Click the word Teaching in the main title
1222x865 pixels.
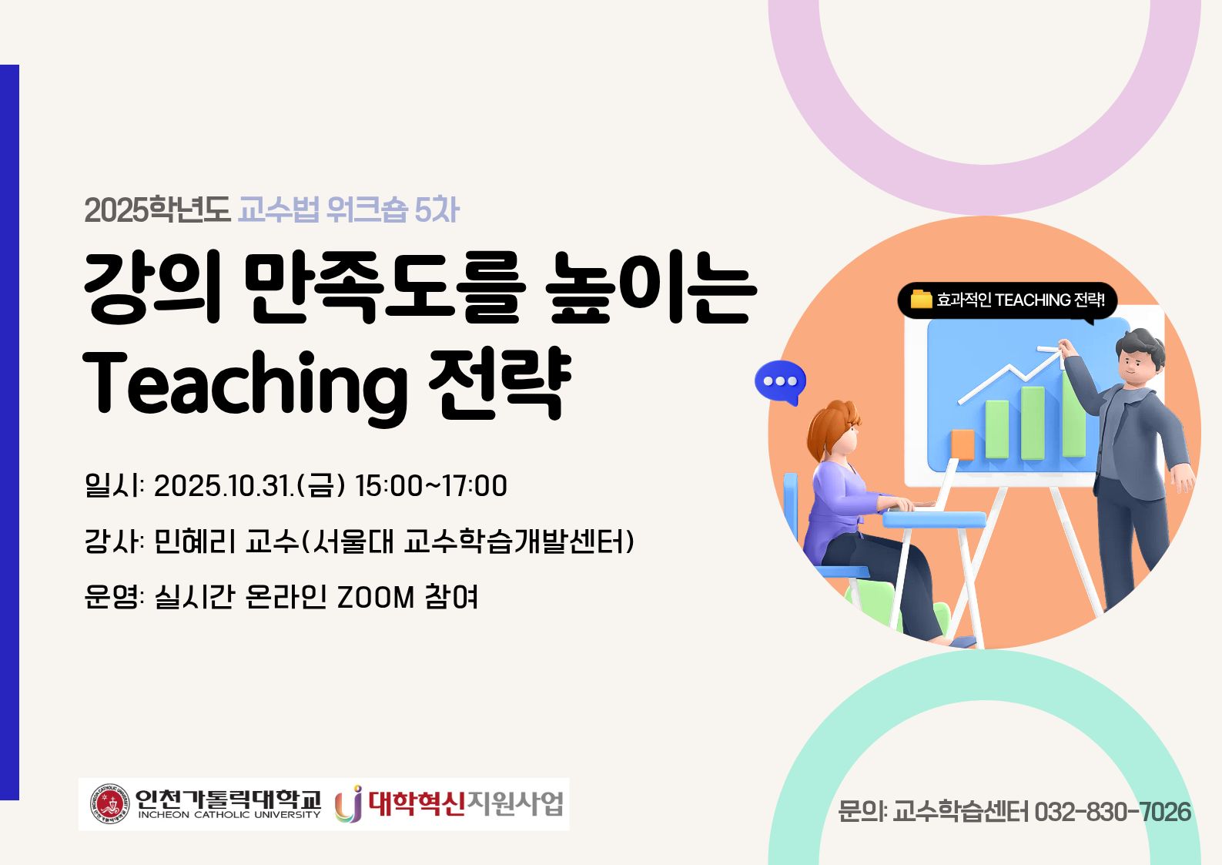click(245, 388)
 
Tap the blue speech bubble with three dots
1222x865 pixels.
click(780, 383)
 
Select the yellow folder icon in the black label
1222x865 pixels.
click(921, 299)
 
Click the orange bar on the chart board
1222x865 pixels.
click(963, 444)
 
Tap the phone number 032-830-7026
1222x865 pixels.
click(1113, 812)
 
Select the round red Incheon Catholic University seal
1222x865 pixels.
click(109, 803)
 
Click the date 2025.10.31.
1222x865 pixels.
click(224, 486)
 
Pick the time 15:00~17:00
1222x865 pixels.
click(431, 486)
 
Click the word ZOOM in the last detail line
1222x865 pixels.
click(376, 596)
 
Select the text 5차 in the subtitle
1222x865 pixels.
click(437, 210)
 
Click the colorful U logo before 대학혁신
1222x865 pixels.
click(349, 804)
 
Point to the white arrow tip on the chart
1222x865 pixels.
click(1060, 352)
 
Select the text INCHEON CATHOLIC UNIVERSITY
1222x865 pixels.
click(229, 815)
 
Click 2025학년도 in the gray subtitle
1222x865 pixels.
click(157, 210)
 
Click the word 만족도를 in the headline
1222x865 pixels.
click(384, 287)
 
